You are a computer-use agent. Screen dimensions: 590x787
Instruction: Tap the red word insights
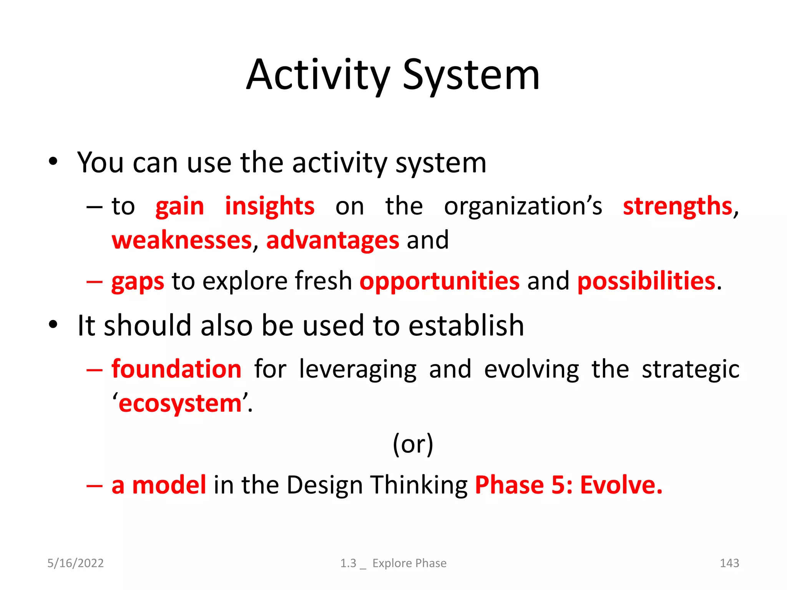269,207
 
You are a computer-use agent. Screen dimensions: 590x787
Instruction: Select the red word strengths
677,207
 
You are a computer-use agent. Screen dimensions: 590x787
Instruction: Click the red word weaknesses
182,240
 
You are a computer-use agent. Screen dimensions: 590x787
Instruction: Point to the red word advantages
333,240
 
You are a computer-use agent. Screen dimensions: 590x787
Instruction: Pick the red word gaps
138,281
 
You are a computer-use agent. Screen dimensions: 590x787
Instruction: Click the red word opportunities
440,281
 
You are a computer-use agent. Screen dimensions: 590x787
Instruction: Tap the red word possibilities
646,281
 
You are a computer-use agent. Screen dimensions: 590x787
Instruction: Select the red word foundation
176,369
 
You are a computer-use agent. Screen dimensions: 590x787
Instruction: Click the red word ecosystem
180,404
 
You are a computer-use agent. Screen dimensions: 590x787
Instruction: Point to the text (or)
413,444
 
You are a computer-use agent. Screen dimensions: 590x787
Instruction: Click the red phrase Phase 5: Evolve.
569,485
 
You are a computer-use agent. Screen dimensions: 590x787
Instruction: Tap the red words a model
159,485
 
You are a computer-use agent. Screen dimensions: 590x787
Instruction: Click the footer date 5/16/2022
75,563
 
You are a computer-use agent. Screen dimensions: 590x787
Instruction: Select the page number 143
729,563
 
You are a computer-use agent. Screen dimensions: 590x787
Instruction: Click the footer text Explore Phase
409,563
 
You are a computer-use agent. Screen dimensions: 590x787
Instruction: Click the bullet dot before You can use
53,162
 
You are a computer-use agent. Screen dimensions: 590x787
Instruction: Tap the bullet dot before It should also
53,325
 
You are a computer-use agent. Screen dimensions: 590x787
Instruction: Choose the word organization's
523,207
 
